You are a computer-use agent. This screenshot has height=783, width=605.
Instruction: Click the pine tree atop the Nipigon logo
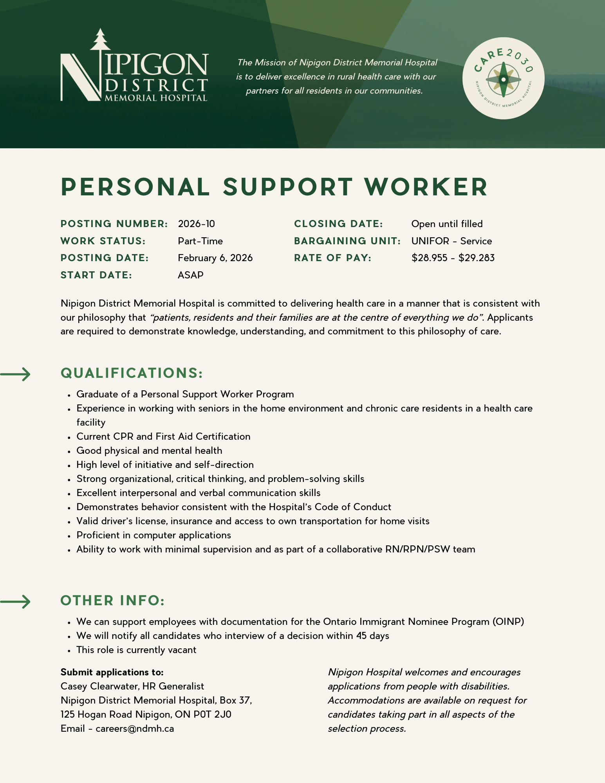point(101,40)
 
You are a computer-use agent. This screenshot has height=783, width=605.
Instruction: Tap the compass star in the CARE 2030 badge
point(504,79)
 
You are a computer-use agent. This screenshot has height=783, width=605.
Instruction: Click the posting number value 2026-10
point(197,224)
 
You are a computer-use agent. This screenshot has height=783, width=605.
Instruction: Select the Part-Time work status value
point(200,241)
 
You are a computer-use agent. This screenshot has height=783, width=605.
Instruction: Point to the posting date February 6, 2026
point(215,258)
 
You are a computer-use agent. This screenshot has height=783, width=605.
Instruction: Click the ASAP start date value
point(191,275)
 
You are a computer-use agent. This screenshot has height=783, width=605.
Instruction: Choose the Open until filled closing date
point(447,224)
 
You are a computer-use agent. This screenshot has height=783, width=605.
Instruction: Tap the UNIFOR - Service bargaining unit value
point(451,241)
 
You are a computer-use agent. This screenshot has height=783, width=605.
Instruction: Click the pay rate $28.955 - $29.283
point(453,258)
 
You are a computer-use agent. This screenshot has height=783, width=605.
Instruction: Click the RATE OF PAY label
point(332,258)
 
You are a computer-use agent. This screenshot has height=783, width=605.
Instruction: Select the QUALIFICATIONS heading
point(132,373)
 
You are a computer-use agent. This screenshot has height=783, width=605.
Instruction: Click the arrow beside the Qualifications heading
point(16,374)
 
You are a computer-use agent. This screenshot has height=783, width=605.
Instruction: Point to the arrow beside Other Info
point(16,601)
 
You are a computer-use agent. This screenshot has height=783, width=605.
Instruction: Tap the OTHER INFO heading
point(113,601)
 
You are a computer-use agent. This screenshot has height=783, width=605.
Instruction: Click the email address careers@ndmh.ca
point(135,729)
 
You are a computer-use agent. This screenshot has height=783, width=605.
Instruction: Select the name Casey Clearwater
point(99,686)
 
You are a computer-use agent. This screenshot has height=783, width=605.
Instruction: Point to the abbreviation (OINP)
point(508,622)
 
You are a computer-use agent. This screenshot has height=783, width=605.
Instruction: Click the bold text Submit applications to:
point(112,672)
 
